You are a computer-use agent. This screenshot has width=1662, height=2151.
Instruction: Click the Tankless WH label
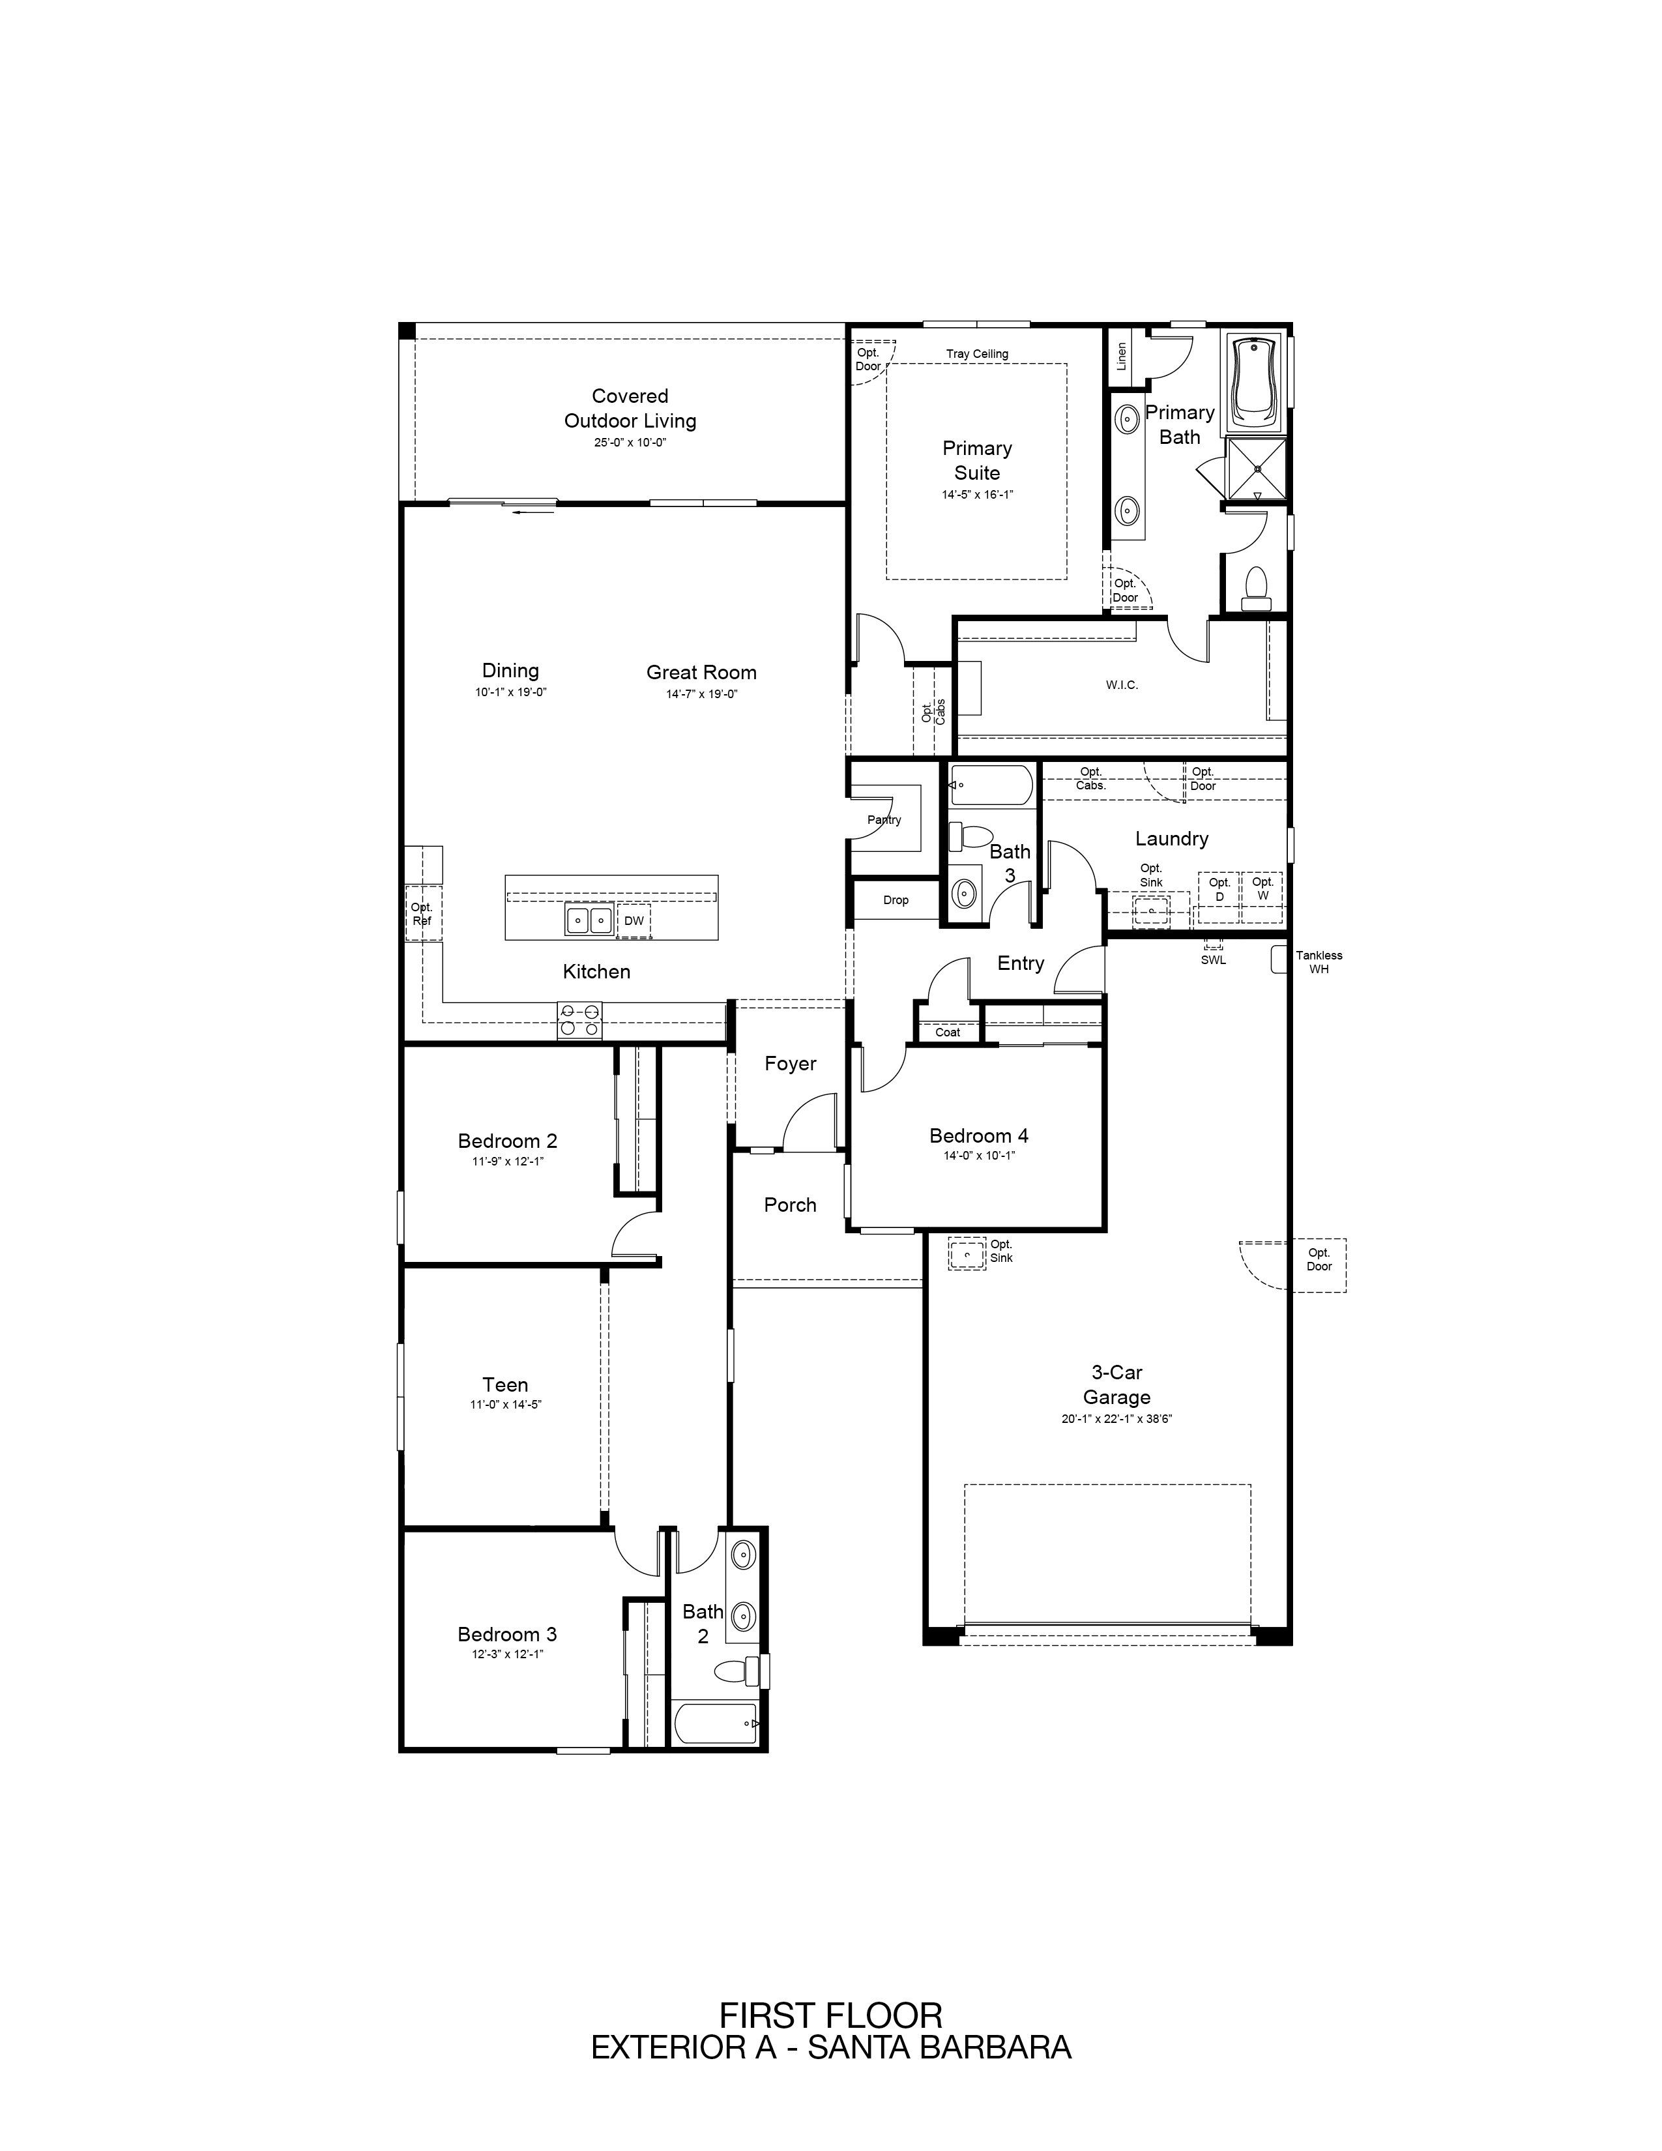(1319, 962)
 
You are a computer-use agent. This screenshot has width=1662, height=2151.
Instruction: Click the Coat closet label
(947, 1032)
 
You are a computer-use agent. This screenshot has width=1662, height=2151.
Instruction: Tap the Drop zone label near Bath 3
(896, 900)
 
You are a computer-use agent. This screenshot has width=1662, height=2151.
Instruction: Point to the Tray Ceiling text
(977, 353)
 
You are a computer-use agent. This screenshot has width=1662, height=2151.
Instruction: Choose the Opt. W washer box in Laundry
(1262, 896)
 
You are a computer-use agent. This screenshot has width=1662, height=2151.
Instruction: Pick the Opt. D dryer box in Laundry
(1219, 896)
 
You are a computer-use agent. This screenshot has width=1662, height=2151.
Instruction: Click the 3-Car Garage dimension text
(1116, 1419)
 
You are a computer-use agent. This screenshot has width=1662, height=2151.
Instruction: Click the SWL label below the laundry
(1213, 960)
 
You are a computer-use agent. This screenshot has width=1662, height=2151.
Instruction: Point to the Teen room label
(505, 1384)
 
